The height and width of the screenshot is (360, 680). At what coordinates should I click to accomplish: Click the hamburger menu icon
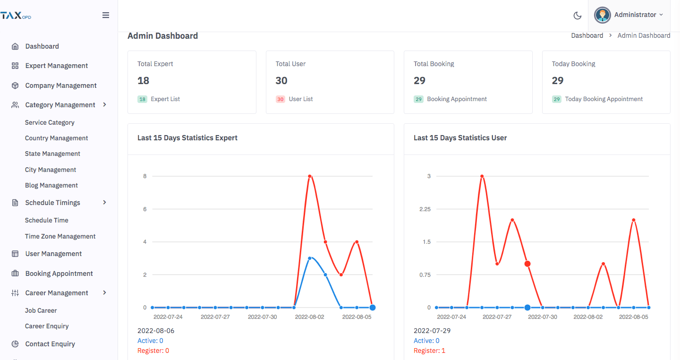point(106,15)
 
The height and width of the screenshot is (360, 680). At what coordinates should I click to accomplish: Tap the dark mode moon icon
point(577,16)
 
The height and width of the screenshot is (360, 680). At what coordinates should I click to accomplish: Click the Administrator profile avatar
point(602,15)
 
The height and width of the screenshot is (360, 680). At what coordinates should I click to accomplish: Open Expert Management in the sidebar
point(57,66)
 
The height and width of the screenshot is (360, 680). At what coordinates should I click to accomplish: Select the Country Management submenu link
point(56,138)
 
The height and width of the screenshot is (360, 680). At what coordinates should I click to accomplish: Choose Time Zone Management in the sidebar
point(60,236)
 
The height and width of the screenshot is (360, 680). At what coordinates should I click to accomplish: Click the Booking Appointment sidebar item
point(59,274)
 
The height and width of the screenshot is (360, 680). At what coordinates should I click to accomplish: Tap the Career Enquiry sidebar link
point(47,326)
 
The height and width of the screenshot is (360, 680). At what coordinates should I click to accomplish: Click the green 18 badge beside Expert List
point(143,99)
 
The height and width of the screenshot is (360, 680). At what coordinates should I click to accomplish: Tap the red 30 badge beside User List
point(280,99)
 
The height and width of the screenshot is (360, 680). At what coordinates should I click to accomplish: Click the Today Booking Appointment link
point(603,99)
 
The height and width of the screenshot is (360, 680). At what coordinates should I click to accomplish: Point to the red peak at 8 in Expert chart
point(310,176)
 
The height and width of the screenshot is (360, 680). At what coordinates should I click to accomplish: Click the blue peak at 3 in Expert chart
point(310,258)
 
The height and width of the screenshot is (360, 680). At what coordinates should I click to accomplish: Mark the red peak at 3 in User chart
point(482,176)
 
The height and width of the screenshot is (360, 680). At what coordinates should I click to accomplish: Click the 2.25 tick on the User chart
point(425,209)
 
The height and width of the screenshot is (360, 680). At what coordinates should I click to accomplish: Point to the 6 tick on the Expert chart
point(144,209)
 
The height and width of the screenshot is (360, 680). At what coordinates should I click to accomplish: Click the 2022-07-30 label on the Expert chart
point(262,317)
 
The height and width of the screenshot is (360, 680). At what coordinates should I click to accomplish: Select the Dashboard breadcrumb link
point(587,35)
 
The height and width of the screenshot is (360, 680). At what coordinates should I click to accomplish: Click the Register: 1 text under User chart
point(429,351)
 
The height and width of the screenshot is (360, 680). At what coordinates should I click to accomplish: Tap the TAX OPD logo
point(16,16)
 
